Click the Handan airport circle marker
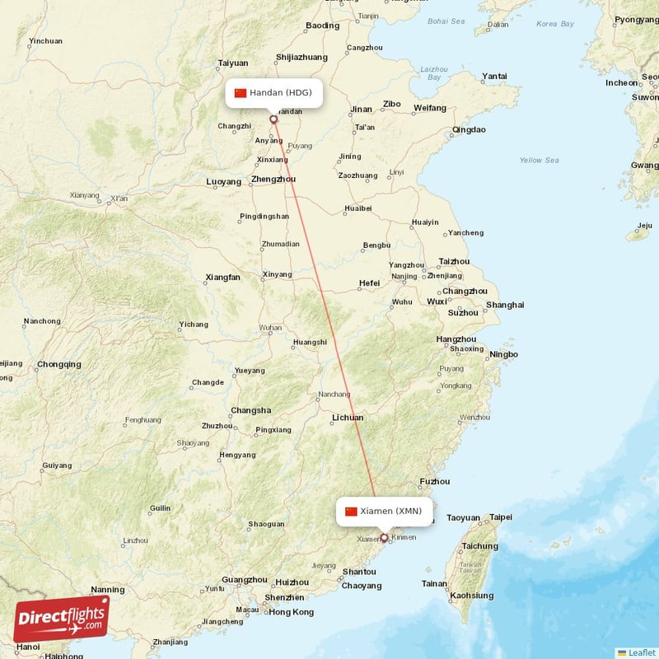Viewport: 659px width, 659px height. pos(273,119)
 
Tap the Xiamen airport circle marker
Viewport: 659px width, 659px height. pos(384,538)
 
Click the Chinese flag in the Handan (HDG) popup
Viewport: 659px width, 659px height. pos(241,92)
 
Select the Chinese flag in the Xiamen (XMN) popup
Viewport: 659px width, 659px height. pos(352,511)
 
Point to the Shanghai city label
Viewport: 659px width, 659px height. pos(504,305)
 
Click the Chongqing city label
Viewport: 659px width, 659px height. pos(58,364)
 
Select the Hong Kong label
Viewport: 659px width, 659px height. pos(291,612)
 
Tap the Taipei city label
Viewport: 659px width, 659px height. pos(500,517)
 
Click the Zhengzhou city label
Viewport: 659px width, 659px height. pos(273,179)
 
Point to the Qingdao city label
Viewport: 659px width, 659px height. pos(469,129)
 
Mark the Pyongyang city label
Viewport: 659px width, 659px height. pos(637,19)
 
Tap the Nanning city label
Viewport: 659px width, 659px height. pos(107,590)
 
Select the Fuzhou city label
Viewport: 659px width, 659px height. pos(434,481)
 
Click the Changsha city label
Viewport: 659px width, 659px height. pos(250,410)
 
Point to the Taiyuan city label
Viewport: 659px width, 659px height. pos(232,63)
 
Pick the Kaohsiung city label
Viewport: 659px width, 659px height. pos(471,596)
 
